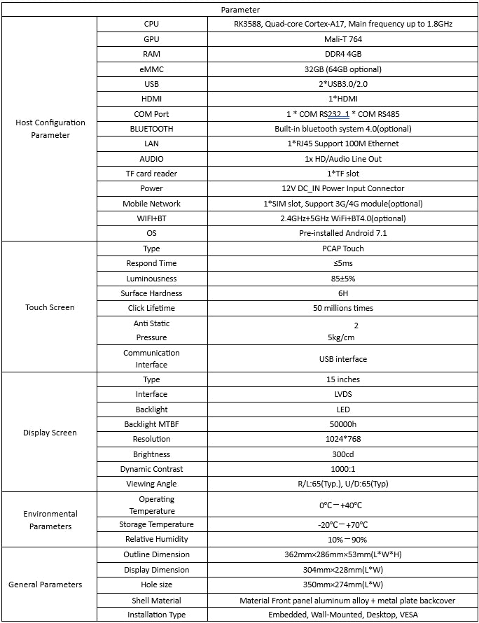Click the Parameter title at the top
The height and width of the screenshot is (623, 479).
(240, 10)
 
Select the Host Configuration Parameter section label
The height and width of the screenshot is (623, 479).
(50, 129)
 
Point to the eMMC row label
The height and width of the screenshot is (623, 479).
(151, 69)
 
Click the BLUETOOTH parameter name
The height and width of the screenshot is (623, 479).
(151, 129)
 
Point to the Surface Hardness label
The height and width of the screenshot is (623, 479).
(151, 293)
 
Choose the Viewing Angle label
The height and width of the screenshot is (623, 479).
(151, 484)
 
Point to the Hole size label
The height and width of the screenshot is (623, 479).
(151, 584)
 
